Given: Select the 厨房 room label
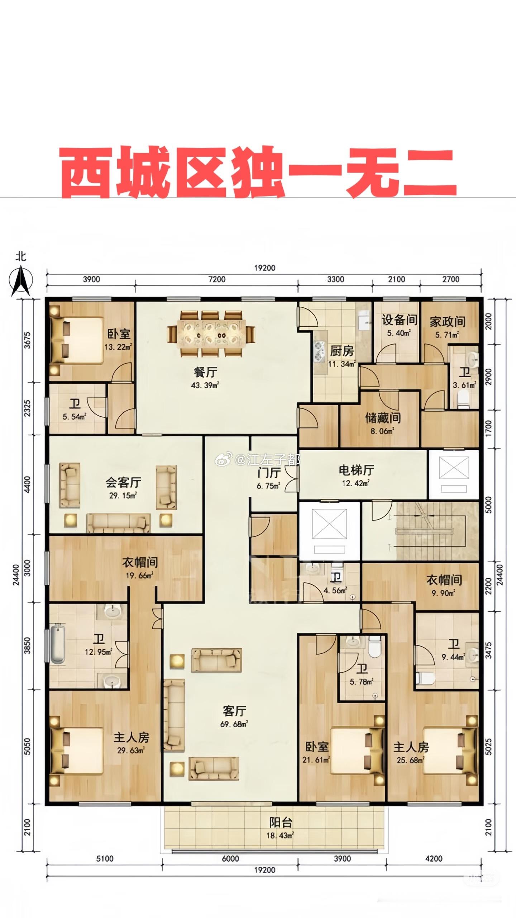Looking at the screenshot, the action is pos(342,351).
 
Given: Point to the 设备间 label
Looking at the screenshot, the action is pos(399,320).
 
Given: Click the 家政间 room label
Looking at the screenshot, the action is pos(448,322).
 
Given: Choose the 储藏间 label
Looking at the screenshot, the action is pos(382,418).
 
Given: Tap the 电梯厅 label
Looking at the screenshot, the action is pos(356,470).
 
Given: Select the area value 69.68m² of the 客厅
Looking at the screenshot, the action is pos(234,724).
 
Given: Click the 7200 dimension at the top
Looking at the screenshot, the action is pos(217,279).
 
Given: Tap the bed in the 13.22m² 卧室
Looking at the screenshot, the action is pos(76,341).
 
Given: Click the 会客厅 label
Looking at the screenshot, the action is pos(123,482).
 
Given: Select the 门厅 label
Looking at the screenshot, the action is pos(269,473).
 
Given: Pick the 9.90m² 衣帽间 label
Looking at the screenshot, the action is pos(444,580).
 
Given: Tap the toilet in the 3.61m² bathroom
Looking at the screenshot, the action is pos(464,397).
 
